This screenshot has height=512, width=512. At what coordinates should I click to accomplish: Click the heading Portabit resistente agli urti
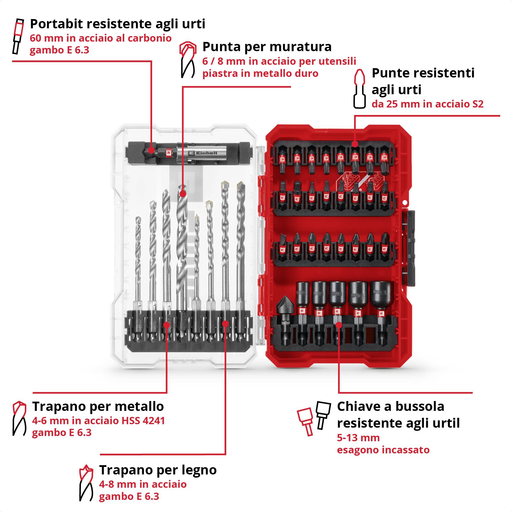[118, 24]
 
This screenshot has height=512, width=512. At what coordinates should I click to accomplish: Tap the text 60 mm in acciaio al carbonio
[101, 38]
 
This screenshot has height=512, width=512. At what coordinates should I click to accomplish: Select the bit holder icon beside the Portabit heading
[18, 36]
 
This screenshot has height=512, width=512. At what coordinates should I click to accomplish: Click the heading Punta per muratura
[267, 47]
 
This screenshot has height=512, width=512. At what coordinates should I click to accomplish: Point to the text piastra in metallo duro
[260, 73]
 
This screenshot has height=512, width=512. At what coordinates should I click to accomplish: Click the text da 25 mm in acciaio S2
[427, 104]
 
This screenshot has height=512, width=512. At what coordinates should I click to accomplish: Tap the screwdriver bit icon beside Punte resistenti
[359, 89]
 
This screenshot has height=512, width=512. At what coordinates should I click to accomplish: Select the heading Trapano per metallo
[98, 406]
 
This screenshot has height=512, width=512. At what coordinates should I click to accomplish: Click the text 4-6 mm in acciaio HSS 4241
[99, 421]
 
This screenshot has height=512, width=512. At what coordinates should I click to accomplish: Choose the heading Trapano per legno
[158, 470]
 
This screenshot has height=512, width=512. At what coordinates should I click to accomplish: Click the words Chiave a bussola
[391, 406]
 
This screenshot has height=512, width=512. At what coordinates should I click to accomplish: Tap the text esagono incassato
[383, 450]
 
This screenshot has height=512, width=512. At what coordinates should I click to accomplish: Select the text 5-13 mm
[358, 438]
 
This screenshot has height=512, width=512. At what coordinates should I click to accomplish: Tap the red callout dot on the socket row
[339, 325]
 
